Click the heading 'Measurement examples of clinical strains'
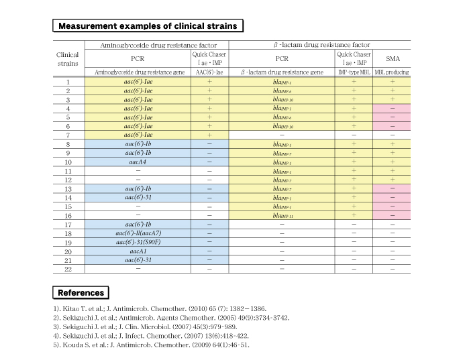(148, 26)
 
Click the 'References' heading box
(81, 292)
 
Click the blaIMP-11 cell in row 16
(282, 215)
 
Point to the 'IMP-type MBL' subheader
(354, 71)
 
